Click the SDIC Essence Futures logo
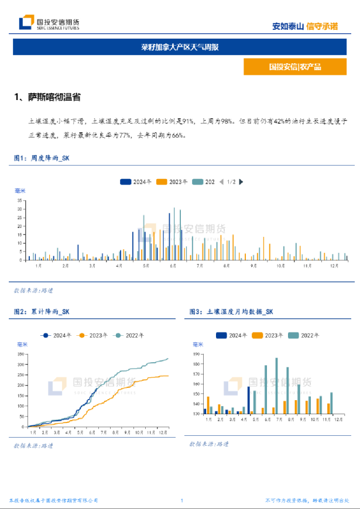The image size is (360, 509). pos(49,23)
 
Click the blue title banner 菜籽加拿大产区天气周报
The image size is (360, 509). pos(180,47)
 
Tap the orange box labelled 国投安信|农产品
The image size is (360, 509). pos(295,67)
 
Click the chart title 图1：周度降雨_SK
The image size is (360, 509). pos(42,158)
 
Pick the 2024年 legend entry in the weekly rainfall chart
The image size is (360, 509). pos(135,182)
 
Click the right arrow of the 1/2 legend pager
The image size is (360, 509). pos(241,182)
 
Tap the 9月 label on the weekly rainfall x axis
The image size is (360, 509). pos(253,266)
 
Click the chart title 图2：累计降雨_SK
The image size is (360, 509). pos(42,312)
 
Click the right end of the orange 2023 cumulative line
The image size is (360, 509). pos(168,376)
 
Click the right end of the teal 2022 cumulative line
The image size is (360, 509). pos(168,359)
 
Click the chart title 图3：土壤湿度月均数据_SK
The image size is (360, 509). pos(232,312)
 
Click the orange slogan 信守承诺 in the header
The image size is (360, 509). pos(323,26)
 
